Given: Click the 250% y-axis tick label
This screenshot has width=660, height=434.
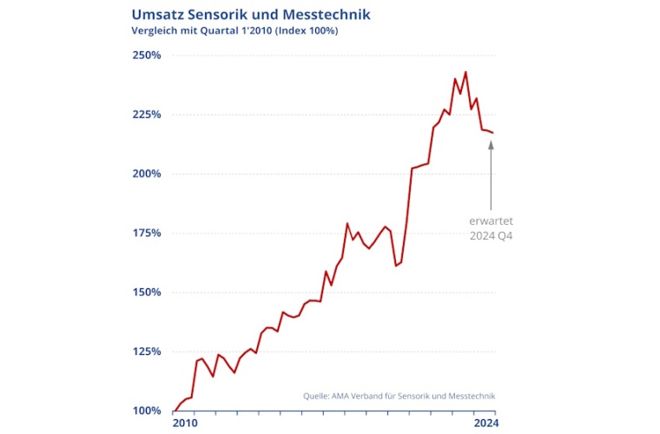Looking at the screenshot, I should (147, 56).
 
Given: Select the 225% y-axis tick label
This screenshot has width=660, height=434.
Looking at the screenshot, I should (147, 115).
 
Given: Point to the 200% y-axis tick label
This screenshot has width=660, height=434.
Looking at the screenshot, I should (147, 174).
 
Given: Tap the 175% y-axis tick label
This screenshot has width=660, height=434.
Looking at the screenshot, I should (147, 233).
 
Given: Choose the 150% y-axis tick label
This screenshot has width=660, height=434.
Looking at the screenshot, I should (147, 293).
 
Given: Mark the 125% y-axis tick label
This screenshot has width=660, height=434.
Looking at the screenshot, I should (147, 352).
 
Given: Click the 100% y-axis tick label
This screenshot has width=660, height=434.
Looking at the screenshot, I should (147, 411).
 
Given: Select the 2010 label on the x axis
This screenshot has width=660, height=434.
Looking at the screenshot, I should (185, 424).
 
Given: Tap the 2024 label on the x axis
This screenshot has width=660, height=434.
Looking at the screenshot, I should (485, 424).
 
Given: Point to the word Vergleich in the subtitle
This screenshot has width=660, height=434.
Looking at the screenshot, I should (156, 31).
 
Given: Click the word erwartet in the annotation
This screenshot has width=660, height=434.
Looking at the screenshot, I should (491, 220).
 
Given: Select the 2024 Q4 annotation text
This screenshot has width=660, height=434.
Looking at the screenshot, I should (491, 235).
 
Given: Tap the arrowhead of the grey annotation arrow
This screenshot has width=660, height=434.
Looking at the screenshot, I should (491, 145).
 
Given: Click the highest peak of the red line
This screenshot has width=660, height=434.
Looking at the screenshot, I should (465, 72).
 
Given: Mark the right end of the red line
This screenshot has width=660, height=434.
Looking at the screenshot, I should (493, 133).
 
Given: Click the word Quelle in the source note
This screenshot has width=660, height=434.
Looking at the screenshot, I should (316, 396).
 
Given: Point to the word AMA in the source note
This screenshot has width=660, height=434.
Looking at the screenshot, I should (344, 396).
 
